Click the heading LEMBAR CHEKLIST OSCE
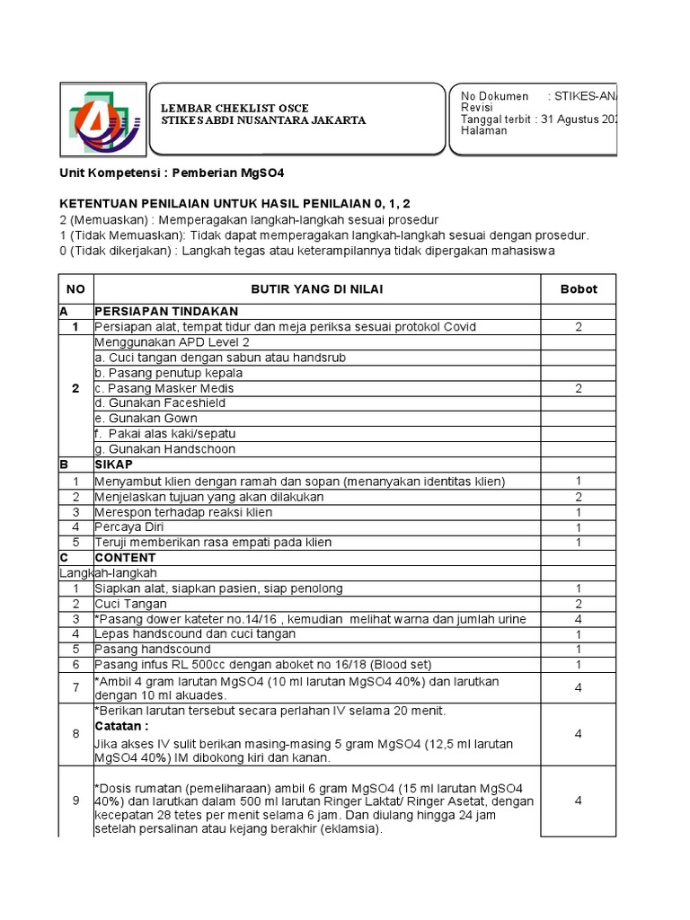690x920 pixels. point(234,108)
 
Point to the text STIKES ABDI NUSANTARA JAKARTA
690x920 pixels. point(262,120)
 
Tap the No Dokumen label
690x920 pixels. point(495,96)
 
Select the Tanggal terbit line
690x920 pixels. point(538,119)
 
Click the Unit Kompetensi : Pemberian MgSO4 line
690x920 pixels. point(172,172)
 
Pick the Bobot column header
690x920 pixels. point(579,289)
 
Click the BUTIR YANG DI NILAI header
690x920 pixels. point(315,289)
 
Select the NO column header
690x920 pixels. point(75,289)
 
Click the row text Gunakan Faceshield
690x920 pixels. point(148,403)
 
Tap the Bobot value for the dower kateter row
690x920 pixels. point(579,619)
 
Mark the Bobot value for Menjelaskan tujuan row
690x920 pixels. point(579,497)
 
